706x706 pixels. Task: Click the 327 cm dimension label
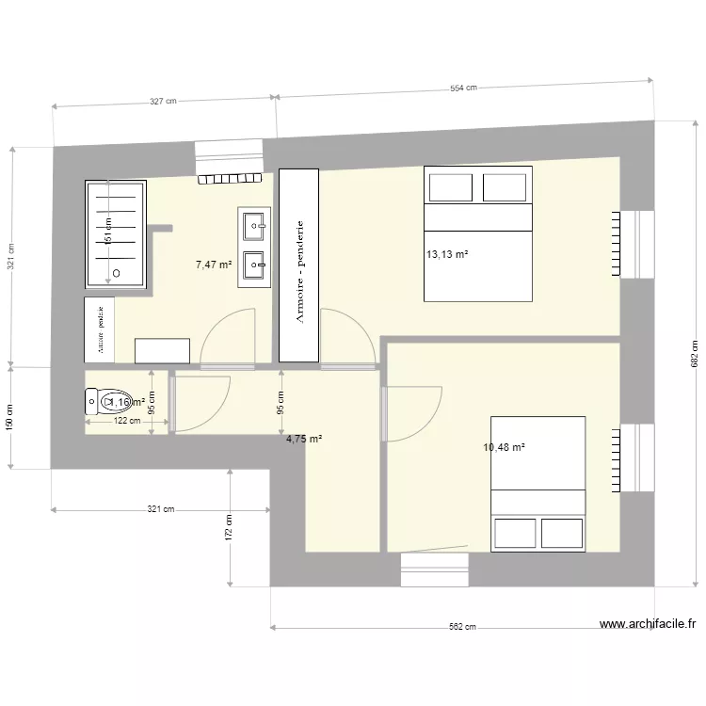164,100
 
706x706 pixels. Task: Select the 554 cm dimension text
463,88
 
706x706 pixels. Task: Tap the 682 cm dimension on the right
695,354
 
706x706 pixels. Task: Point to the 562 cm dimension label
462,628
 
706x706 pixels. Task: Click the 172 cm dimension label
229,528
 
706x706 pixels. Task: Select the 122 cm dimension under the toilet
127,421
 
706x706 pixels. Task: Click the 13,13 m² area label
447,254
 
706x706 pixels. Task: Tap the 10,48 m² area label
504,447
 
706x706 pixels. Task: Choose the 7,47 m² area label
214,265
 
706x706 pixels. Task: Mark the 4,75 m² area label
304,439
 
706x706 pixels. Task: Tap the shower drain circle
116,273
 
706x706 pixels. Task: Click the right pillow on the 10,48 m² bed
562,533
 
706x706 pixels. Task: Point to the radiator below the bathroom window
230,178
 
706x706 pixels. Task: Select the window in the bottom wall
434,562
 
